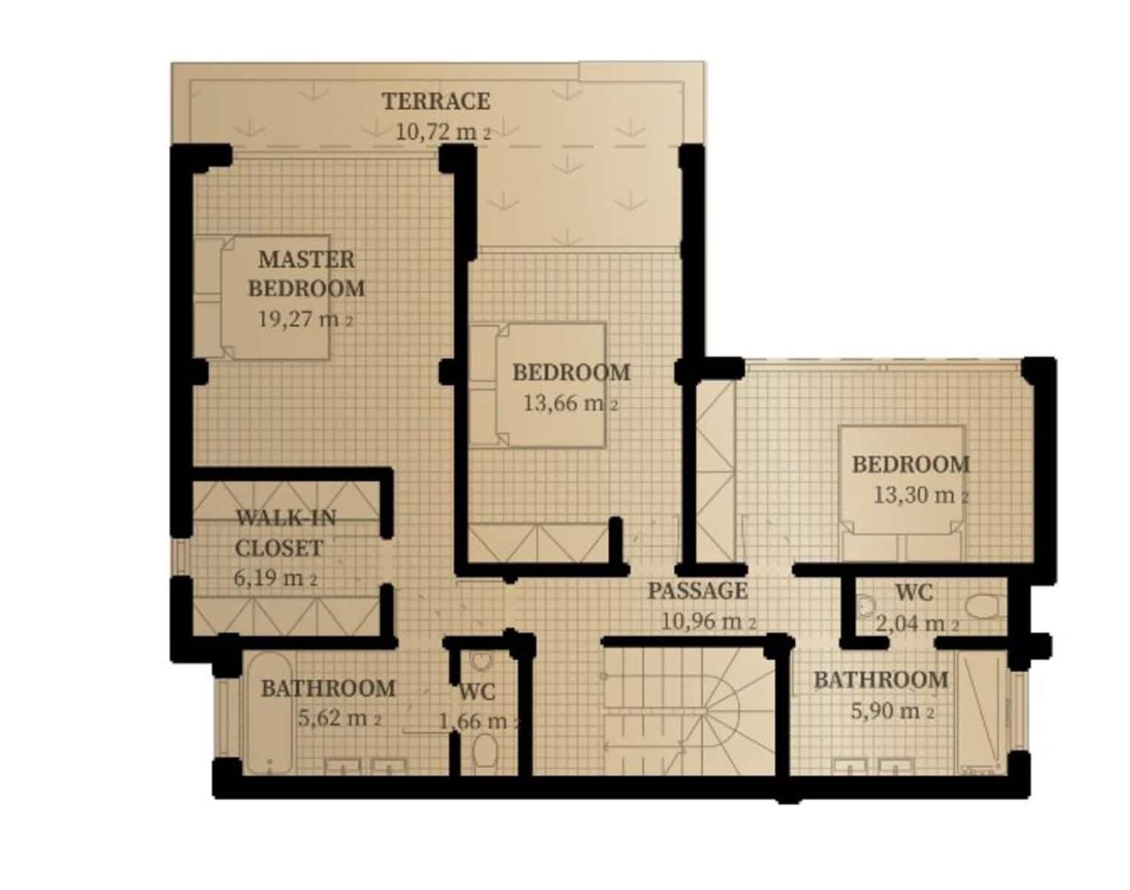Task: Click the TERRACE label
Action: pyautogui.click(x=435, y=101)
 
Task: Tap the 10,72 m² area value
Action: pyautogui.click(x=442, y=133)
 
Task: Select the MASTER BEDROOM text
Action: pyautogui.click(x=305, y=274)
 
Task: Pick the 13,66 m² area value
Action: pyautogui.click(x=570, y=403)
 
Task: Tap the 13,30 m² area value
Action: pyautogui.click(x=920, y=495)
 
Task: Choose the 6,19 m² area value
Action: pyautogui.click(x=275, y=578)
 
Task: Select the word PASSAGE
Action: pyautogui.click(x=697, y=591)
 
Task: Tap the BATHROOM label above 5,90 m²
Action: pyautogui.click(x=880, y=679)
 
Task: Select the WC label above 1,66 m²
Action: pyautogui.click(x=476, y=692)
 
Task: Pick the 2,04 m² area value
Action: pyautogui.click(x=916, y=624)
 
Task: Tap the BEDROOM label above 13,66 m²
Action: pyautogui.click(x=571, y=372)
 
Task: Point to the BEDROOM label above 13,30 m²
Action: pyautogui.click(x=910, y=464)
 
